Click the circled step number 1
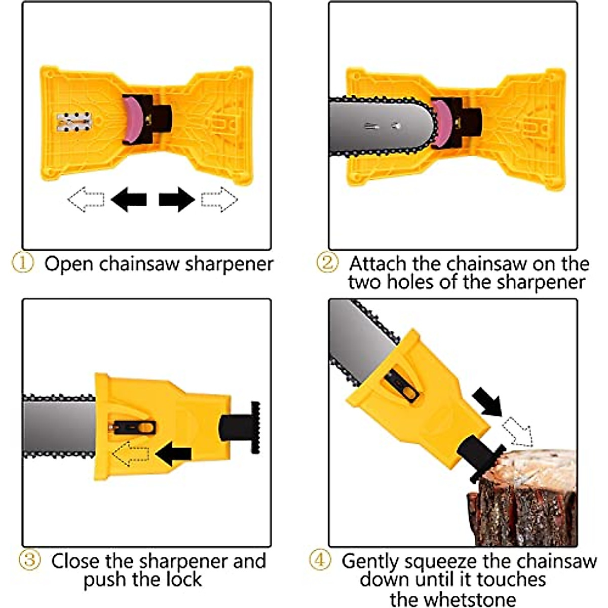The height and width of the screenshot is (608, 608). click(x=22, y=263)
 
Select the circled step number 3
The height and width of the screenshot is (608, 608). click(x=29, y=560)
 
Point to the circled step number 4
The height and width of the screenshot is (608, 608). click(x=320, y=560)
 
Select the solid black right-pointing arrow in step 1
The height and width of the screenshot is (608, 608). click(x=176, y=199)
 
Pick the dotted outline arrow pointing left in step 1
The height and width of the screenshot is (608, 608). click(x=86, y=199)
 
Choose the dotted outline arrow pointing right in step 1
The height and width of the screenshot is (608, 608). click(x=219, y=199)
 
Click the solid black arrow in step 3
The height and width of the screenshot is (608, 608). click(x=173, y=453)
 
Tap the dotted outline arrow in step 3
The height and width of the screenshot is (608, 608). click(x=130, y=453)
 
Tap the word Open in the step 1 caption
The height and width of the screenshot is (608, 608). click(x=69, y=264)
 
